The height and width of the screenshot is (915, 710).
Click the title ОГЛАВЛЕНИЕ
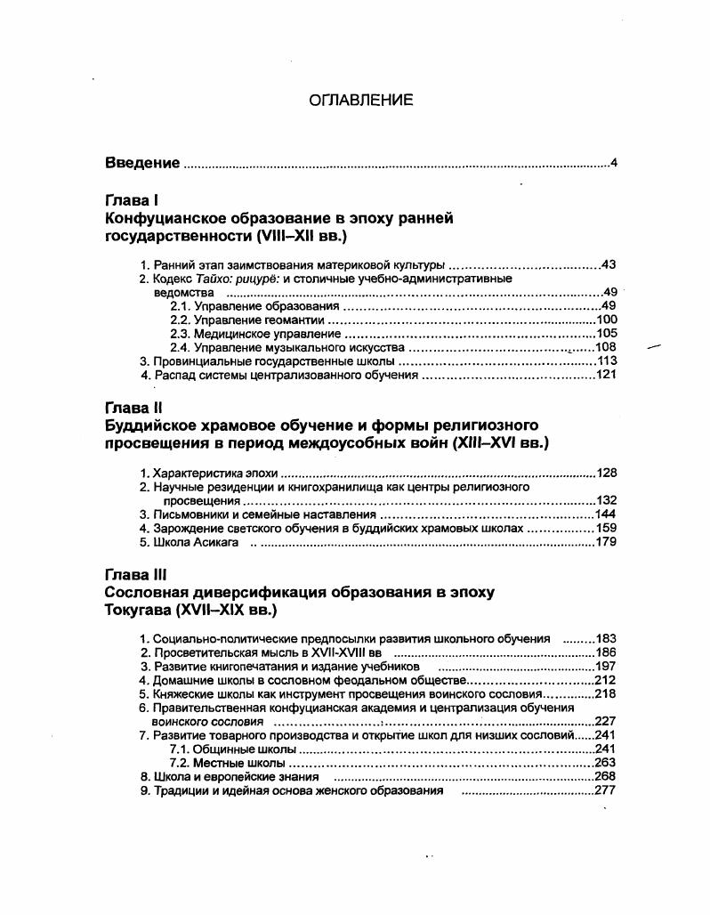pyautogui.click(x=360, y=101)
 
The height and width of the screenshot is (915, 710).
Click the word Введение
pyautogui.click(x=142, y=162)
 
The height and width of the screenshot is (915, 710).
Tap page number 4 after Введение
pyautogui.click(x=614, y=162)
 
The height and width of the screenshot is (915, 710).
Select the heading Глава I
pyautogui.click(x=132, y=201)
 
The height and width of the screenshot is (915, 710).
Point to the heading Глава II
pyautogui.click(x=133, y=409)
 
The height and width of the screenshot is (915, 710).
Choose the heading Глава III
pyautogui.click(x=136, y=575)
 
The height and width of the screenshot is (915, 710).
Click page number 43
pyautogui.click(x=609, y=264)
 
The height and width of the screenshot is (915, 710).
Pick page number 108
pyautogui.click(x=606, y=347)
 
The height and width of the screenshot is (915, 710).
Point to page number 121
pyautogui.click(x=606, y=375)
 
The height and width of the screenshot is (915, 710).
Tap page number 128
pyautogui.click(x=606, y=474)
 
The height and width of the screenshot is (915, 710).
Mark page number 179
pyautogui.click(x=606, y=542)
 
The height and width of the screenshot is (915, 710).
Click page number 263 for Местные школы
pyautogui.click(x=605, y=763)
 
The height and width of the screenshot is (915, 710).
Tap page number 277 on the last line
pyautogui.click(x=605, y=790)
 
